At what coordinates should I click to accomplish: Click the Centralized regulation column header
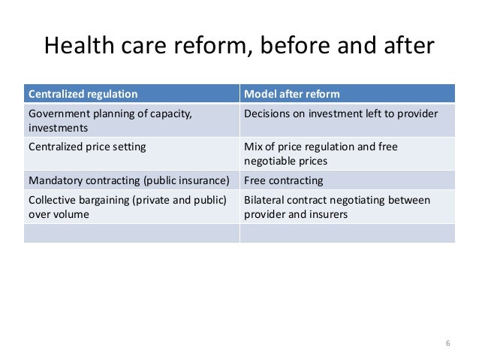pyautogui.click(x=83, y=94)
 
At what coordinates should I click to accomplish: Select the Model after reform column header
pyautogui.click(x=292, y=94)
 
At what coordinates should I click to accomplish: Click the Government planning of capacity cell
pyautogui.click(x=110, y=114)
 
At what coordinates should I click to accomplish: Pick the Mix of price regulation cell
pyautogui.click(x=321, y=147)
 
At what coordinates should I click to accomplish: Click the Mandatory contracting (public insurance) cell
pyautogui.click(x=127, y=180)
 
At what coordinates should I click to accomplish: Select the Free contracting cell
pyautogui.click(x=284, y=180)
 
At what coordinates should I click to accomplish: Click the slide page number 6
pyautogui.click(x=447, y=343)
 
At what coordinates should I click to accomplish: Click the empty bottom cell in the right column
pyautogui.click(x=347, y=234)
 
